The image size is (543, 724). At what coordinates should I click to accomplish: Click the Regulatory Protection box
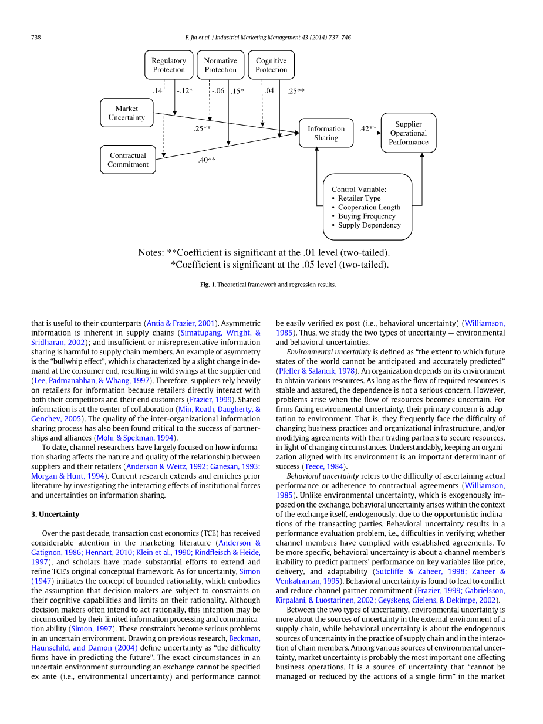(x=168, y=65)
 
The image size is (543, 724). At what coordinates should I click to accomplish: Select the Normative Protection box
(x=220, y=65)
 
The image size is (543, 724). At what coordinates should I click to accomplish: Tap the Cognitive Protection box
(x=271, y=65)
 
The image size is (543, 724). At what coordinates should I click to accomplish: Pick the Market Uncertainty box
(x=127, y=113)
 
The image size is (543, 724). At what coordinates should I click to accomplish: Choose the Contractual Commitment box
(x=128, y=160)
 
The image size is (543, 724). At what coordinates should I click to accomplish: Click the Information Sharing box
(x=326, y=133)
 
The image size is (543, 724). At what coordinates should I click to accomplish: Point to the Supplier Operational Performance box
(x=408, y=133)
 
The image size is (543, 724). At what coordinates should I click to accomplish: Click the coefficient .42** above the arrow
(x=367, y=128)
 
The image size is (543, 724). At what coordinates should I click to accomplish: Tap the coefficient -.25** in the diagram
(x=294, y=91)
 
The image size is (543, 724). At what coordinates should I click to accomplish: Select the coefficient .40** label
(x=207, y=160)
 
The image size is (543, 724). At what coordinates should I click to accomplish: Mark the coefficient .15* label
(x=237, y=91)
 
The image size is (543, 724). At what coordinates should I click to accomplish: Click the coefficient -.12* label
(x=185, y=91)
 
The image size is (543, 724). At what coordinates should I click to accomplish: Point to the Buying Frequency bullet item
(x=367, y=216)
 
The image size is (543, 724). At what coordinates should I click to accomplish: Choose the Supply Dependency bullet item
(x=369, y=225)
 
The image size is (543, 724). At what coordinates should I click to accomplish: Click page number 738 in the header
(x=35, y=38)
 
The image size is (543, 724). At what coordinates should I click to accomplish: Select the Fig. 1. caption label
(x=208, y=285)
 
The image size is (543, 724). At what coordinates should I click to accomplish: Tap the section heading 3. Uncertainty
(x=55, y=514)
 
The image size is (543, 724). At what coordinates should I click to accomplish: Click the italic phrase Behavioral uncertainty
(x=322, y=476)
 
